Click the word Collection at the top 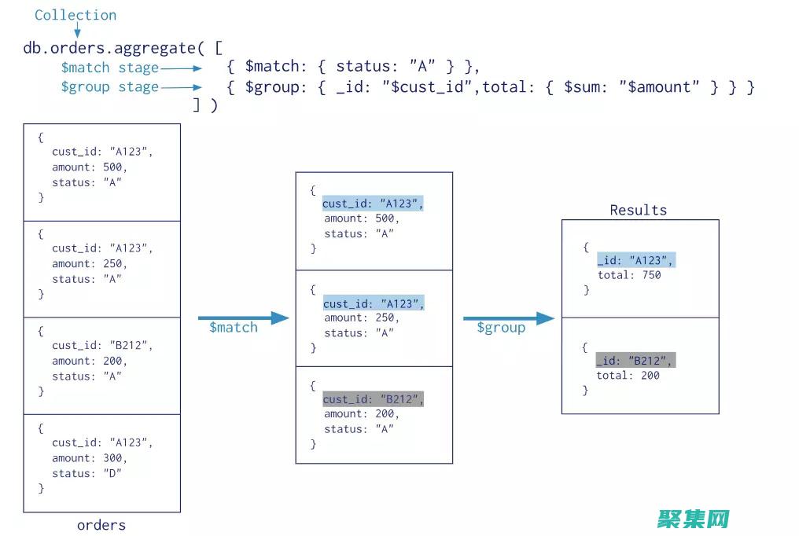click(x=75, y=15)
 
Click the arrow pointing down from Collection click(x=77, y=31)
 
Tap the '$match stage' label click(x=109, y=68)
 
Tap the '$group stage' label click(x=109, y=87)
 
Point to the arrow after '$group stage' click(x=182, y=87)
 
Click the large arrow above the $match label click(x=244, y=318)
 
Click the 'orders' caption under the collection click(x=101, y=525)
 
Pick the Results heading click(x=638, y=210)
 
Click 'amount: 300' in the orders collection click(x=90, y=458)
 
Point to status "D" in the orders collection click(x=87, y=473)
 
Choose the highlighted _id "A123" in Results click(x=635, y=260)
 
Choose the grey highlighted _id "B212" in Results click(x=635, y=361)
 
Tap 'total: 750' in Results click(x=628, y=275)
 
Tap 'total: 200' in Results click(x=628, y=376)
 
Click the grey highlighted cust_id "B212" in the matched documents click(x=373, y=399)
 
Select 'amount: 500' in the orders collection click(x=90, y=167)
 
